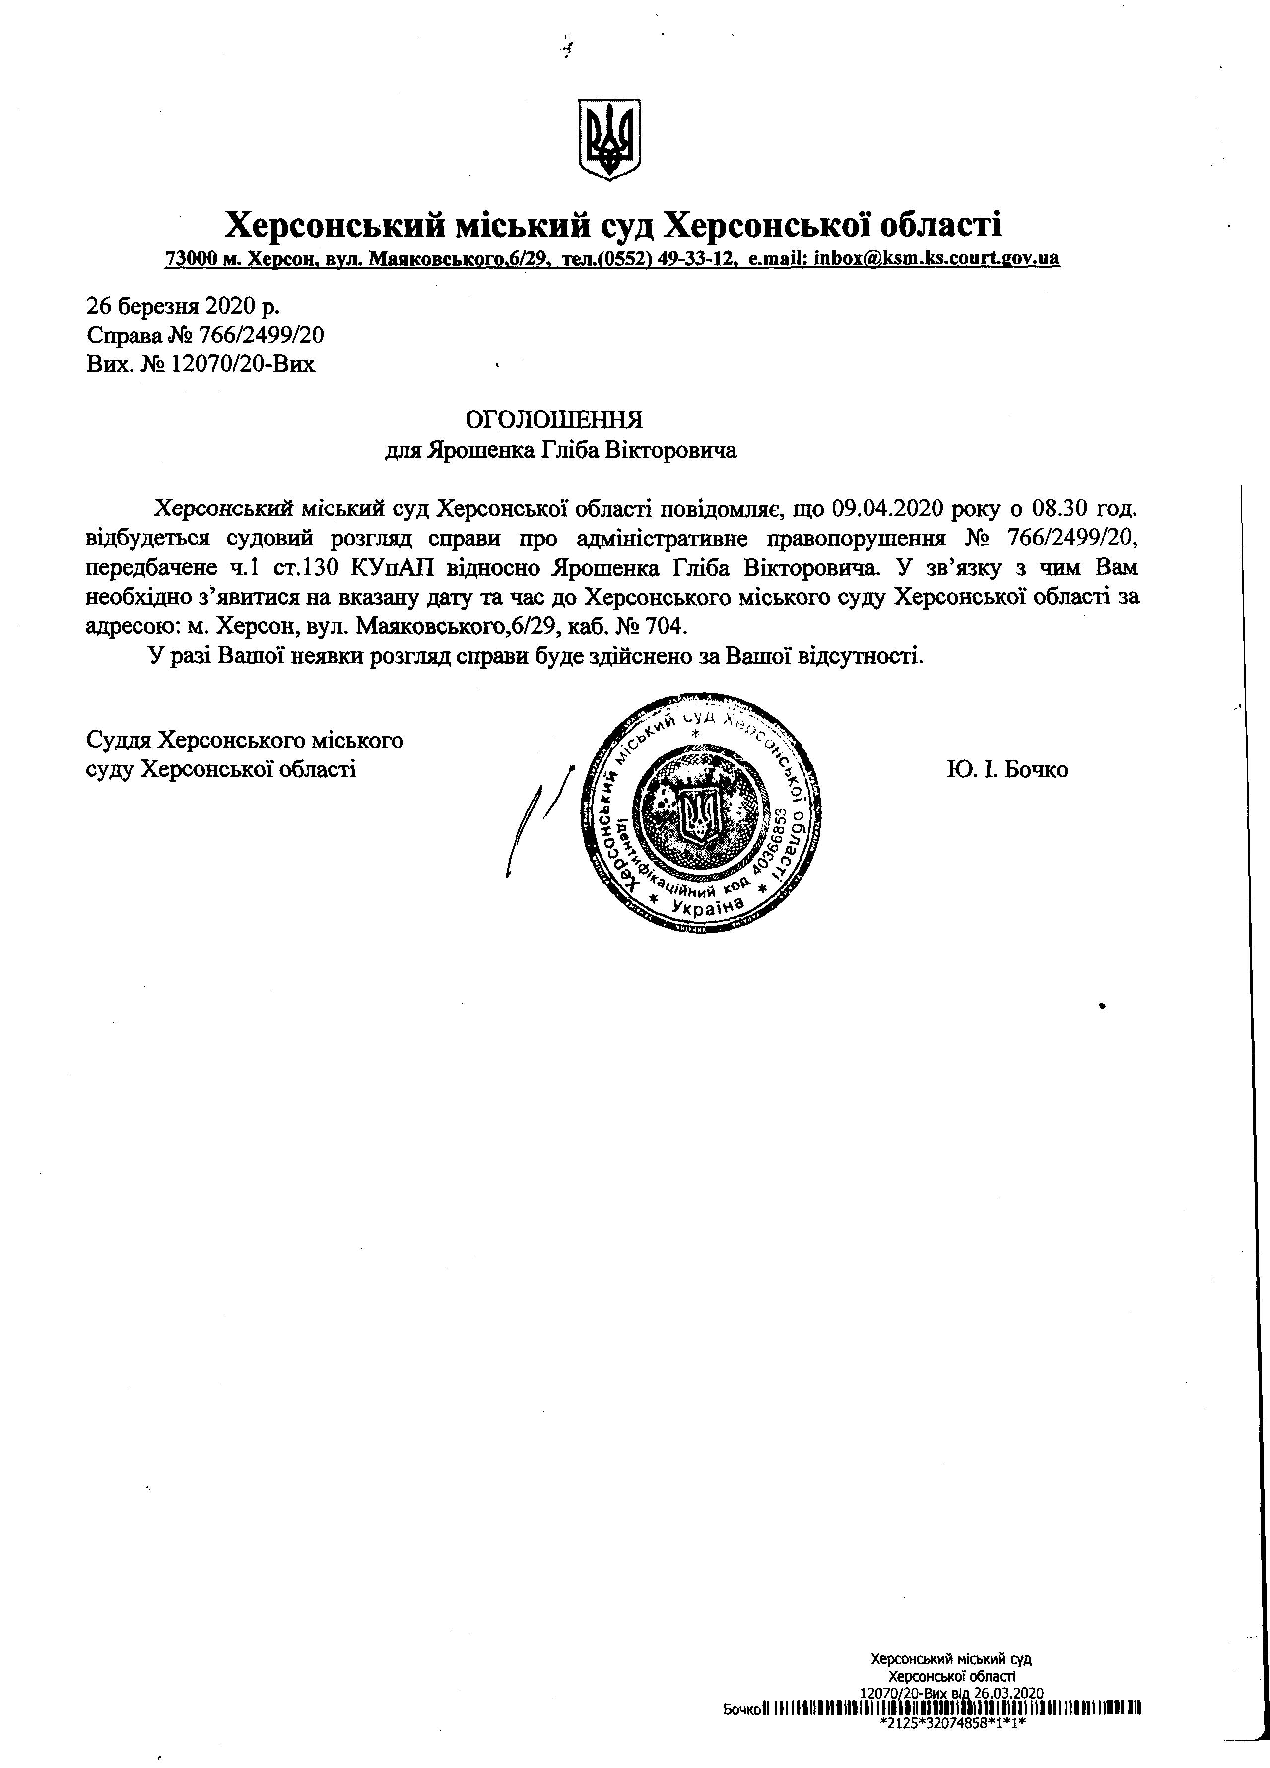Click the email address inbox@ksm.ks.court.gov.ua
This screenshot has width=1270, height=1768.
coord(936,258)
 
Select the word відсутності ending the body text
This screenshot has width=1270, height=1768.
coord(858,656)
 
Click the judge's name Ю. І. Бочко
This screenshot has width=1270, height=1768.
coord(1007,770)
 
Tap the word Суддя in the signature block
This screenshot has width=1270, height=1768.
coord(119,739)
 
